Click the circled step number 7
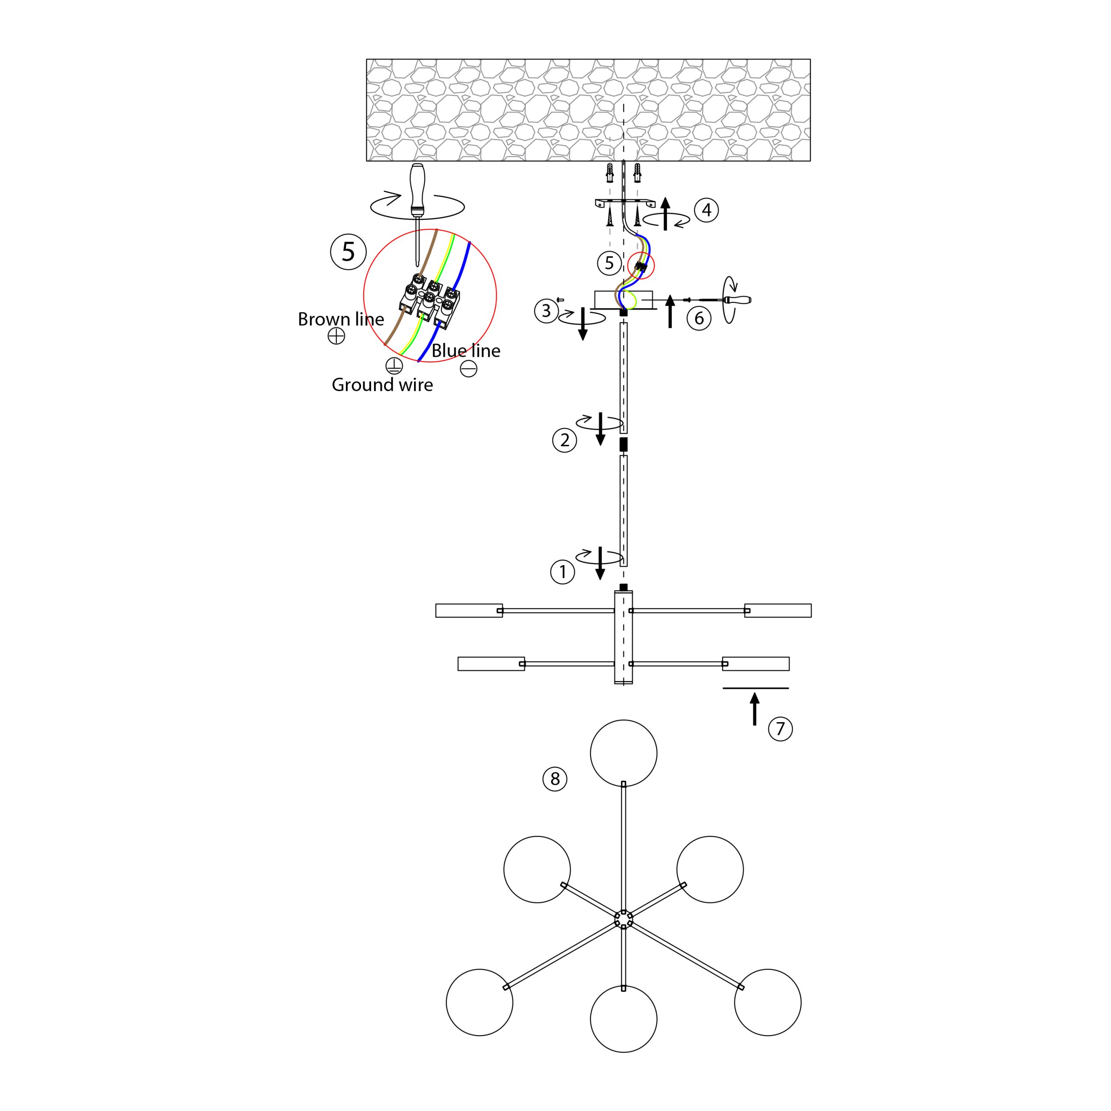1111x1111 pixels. (x=780, y=729)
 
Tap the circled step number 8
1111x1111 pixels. (x=555, y=779)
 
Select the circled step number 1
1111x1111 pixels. (x=562, y=572)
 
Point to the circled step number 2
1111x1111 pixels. (x=565, y=440)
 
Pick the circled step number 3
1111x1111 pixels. (x=546, y=311)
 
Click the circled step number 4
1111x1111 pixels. (x=707, y=210)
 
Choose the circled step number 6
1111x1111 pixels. (x=699, y=318)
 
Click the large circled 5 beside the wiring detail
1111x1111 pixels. (x=348, y=252)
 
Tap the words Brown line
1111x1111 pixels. (x=341, y=320)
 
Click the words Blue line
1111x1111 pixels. (x=466, y=351)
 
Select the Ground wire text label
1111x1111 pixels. (x=382, y=385)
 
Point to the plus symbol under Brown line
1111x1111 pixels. (x=336, y=336)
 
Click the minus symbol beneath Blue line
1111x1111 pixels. (x=469, y=368)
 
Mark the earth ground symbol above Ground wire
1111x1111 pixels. (x=394, y=366)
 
